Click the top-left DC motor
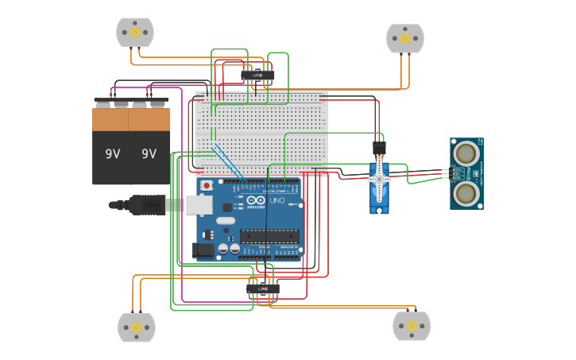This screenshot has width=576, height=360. point(135,33)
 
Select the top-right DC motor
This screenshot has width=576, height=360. point(405,38)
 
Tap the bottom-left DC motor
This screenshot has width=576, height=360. point(136,327)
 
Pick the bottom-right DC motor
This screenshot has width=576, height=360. point(412,326)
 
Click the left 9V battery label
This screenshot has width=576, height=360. point(112,153)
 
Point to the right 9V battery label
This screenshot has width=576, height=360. point(149,153)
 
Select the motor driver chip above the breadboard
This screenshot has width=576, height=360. point(257,75)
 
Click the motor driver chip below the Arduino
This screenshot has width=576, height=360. point(263,288)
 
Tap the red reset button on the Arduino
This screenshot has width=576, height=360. point(207,186)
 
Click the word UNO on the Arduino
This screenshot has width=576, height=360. point(277,202)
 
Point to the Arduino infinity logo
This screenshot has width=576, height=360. point(253,200)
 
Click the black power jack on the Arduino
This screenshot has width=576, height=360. point(203,250)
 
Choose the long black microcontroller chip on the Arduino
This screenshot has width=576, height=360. point(271,234)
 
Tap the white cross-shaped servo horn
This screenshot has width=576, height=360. point(380,179)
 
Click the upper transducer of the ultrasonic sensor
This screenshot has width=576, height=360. point(466,152)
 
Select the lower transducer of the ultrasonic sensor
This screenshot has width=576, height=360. point(466,192)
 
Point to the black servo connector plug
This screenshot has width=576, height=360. point(379,148)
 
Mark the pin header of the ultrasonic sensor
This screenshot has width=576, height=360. point(448,172)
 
